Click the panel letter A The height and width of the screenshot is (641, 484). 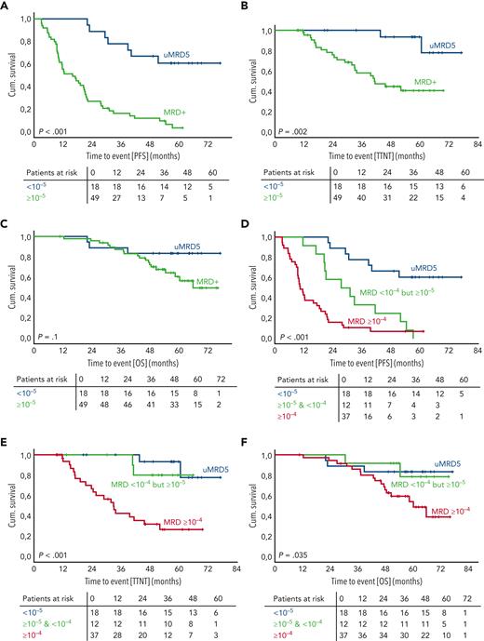pos(5,6)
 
